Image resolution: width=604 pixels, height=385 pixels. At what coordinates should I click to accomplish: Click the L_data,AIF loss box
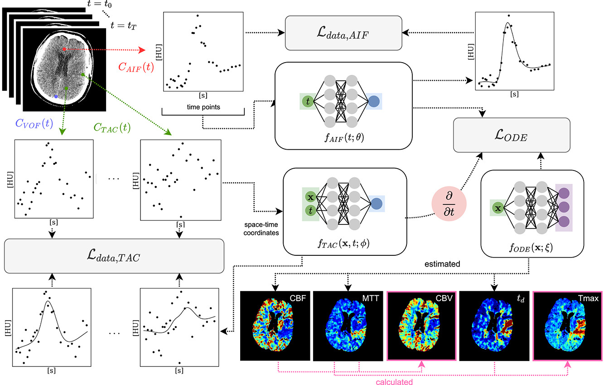pos(343,33)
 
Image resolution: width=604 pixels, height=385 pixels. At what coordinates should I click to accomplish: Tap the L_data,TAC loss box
pos(114,256)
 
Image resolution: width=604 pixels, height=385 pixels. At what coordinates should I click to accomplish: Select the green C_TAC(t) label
pos(112,128)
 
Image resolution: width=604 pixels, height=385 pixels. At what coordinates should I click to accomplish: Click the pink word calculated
pos(395,382)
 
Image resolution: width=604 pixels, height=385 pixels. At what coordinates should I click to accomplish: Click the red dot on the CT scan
pos(64,49)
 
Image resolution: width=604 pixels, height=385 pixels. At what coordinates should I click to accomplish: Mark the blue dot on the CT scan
pos(56,97)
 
